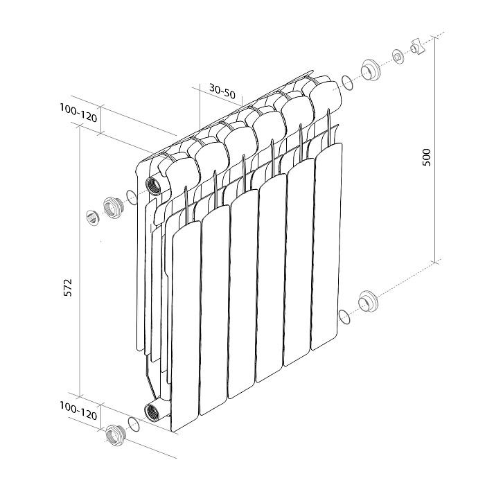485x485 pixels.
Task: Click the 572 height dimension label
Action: point(68,288)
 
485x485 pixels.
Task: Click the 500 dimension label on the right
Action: point(426,157)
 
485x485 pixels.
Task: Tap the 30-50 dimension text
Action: point(222,90)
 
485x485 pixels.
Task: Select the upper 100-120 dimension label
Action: point(78,113)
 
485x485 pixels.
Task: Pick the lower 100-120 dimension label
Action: point(78,410)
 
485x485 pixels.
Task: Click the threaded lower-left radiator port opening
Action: point(152,412)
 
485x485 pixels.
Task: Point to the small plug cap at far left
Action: point(92,216)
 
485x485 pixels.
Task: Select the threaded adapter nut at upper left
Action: point(112,208)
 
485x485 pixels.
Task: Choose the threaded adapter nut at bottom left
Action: point(115,435)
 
